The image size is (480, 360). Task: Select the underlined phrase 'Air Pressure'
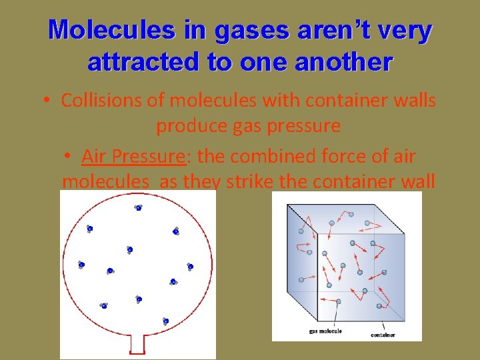(133, 157)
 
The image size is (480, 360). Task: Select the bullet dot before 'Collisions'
(44, 101)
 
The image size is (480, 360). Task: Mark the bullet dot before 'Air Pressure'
(69, 157)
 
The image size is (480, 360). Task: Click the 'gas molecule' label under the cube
(325, 331)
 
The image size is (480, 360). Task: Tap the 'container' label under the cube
(383, 334)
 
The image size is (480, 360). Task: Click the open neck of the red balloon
(137, 343)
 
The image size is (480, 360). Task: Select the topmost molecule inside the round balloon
(138, 207)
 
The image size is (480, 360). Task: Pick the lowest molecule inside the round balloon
(165, 321)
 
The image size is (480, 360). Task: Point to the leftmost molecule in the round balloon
(81, 265)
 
